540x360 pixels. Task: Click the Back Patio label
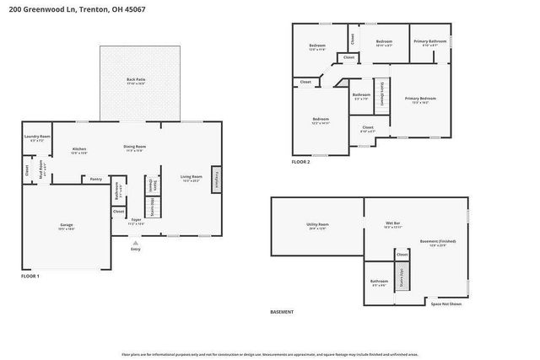(x=136, y=80)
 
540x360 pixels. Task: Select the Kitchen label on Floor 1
(x=79, y=149)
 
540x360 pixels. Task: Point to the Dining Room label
(x=135, y=147)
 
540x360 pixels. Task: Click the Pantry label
(x=96, y=179)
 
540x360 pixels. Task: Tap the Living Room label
(x=192, y=177)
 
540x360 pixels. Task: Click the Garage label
(x=66, y=225)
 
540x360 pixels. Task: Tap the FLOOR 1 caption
(x=30, y=276)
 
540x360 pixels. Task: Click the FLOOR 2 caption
(x=301, y=161)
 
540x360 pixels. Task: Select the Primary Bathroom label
(x=429, y=41)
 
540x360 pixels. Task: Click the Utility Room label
(x=317, y=224)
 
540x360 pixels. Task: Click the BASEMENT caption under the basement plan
(x=282, y=312)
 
